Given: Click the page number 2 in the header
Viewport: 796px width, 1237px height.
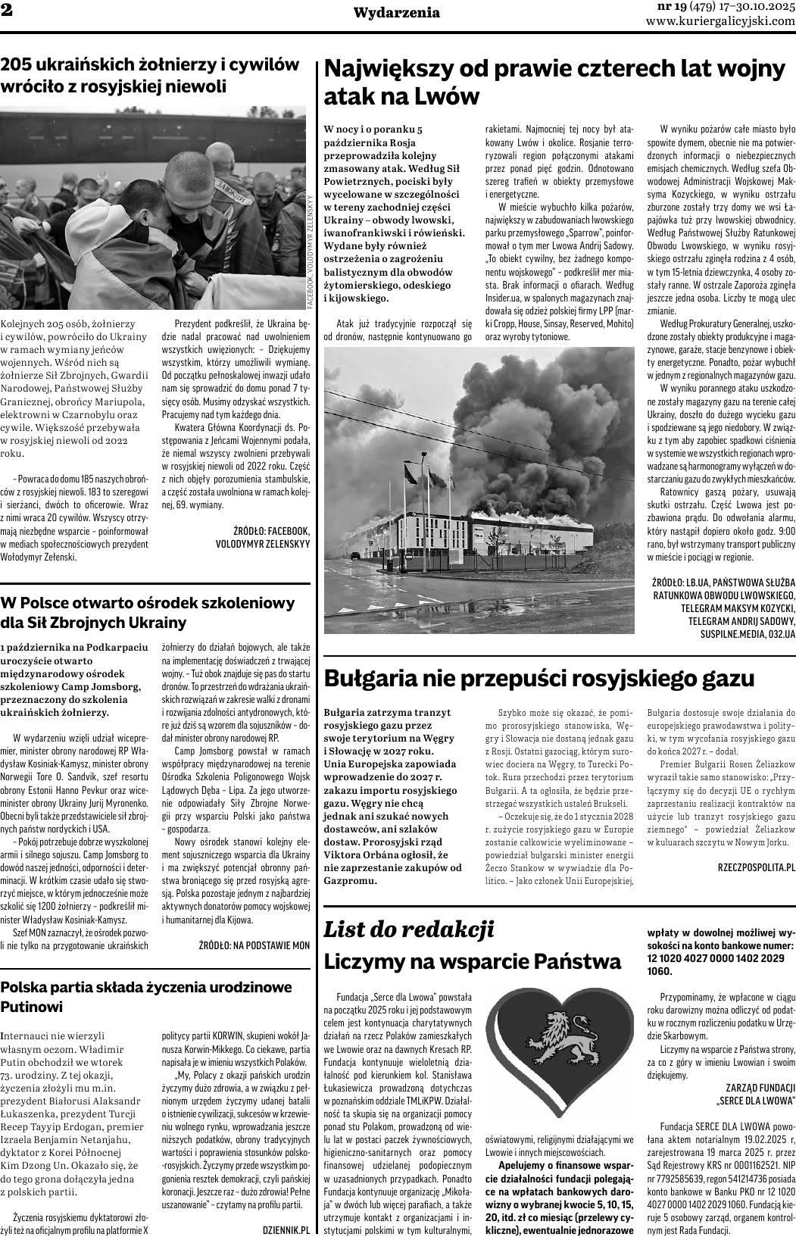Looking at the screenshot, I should [6, 11].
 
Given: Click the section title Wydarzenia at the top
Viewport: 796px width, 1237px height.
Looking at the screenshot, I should [397, 12].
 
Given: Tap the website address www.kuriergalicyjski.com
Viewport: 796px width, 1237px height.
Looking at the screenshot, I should [720, 21].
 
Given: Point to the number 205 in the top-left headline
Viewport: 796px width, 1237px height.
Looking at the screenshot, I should [17, 65].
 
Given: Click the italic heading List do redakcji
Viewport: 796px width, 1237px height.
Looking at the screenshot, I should [409, 929].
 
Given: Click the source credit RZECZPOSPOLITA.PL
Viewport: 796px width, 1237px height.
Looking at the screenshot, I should [756, 865].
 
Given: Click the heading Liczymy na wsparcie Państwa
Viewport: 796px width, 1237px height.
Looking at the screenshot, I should [473, 961].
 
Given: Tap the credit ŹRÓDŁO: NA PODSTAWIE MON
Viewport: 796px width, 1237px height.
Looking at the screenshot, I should [254, 945].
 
